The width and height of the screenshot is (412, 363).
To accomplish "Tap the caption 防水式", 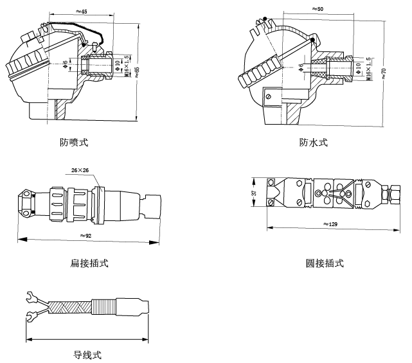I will [313, 142].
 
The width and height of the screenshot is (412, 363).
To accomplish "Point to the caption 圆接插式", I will [325, 263].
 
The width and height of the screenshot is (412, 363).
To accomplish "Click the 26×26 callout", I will [80, 170].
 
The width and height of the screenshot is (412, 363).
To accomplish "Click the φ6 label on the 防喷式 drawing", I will [66, 64].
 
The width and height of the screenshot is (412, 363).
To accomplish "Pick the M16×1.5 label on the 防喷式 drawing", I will [126, 66].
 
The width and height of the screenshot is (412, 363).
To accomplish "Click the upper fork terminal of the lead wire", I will [28, 297].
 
